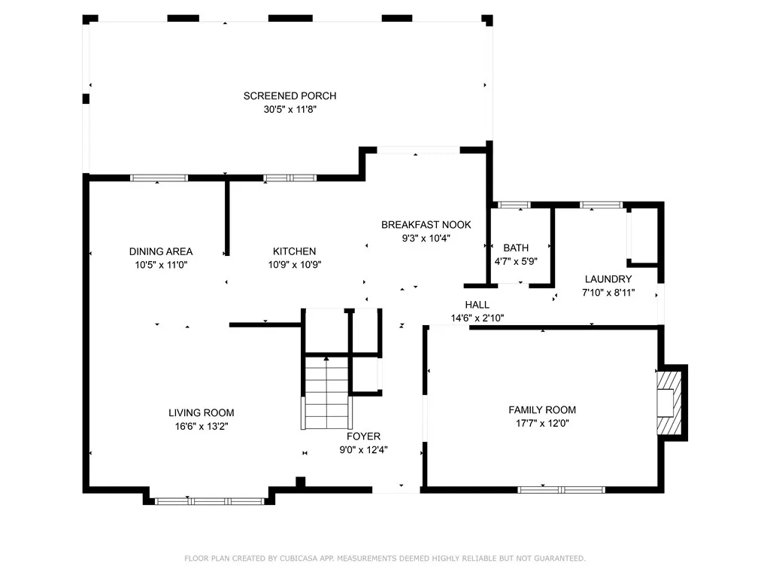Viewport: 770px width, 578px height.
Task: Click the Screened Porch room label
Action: coord(290,96)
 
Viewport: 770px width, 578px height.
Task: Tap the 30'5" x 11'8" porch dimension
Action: coord(290,109)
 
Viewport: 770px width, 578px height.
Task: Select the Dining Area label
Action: coord(161,251)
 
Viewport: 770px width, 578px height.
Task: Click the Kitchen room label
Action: coord(294,251)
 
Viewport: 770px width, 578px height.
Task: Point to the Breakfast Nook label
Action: coord(426,224)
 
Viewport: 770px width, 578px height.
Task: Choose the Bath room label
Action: coord(516,248)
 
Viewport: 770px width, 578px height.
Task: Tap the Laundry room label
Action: coord(608,279)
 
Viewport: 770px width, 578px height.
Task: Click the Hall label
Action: coord(477,305)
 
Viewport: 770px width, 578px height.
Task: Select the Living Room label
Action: coord(202,413)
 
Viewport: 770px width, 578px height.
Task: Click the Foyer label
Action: coord(363,437)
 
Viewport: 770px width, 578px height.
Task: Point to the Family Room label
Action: coord(542,410)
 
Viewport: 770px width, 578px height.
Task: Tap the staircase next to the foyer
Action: coord(326,393)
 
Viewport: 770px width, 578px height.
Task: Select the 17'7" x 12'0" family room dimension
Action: coord(542,423)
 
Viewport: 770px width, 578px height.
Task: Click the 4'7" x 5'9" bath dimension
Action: coord(516,261)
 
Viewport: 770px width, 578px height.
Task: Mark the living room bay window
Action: coord(210,501)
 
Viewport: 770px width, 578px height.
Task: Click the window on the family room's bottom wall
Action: coord(561,489)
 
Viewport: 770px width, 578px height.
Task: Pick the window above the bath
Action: coord(514,205)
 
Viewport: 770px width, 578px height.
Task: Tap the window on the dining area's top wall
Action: coord(159,178)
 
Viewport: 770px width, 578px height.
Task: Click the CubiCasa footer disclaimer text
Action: coord(385,558)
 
